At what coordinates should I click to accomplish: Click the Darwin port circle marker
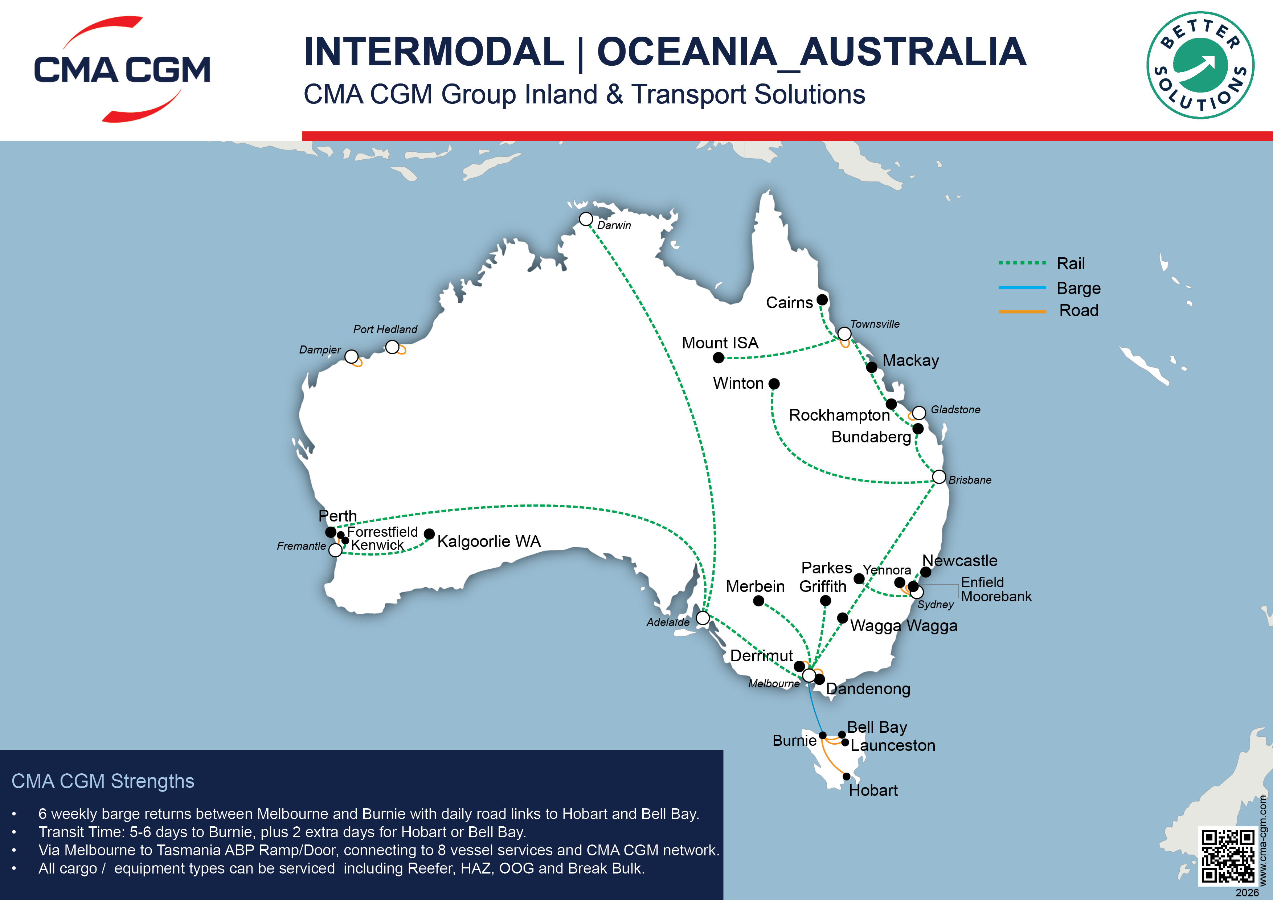click(586, 219)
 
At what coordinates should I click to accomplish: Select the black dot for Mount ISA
click(719, 358)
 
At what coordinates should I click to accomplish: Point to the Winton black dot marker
click(774, 384)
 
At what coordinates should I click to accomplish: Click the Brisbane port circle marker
click(939, 477)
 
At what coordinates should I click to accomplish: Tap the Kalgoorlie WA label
click(488, 541)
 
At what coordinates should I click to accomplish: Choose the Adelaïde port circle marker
click(703, 618)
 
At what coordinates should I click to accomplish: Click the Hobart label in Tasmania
click(873, 790)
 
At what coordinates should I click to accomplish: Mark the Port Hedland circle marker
click(392, 347)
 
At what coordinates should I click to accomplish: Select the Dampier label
click(320, 350)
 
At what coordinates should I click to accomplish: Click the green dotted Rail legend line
click(1022, 263)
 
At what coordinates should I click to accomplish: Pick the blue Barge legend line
click(1022, 288)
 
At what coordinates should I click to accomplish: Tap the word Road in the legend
click(1078, 311)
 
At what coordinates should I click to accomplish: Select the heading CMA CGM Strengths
click(103, 781)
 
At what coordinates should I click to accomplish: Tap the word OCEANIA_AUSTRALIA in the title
click(811, 52)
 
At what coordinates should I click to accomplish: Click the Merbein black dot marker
click(758, 601)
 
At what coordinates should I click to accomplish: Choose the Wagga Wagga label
click(904, 626)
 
